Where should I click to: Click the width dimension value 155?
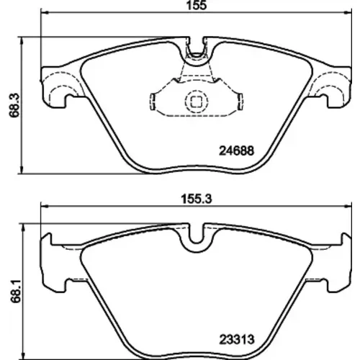[x=197, y=5]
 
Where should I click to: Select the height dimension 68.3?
[x=14, y=105]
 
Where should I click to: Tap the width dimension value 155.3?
[x=197, y=199]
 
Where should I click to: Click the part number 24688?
[x=236, y=151]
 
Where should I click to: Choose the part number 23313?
[x=236, y=340]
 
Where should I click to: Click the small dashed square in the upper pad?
[x=196, y=102]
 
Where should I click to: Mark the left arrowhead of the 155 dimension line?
[x=45, y=12]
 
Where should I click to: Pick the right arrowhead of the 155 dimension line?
[x=348, y=12]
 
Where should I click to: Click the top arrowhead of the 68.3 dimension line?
[x=22, y=41]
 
